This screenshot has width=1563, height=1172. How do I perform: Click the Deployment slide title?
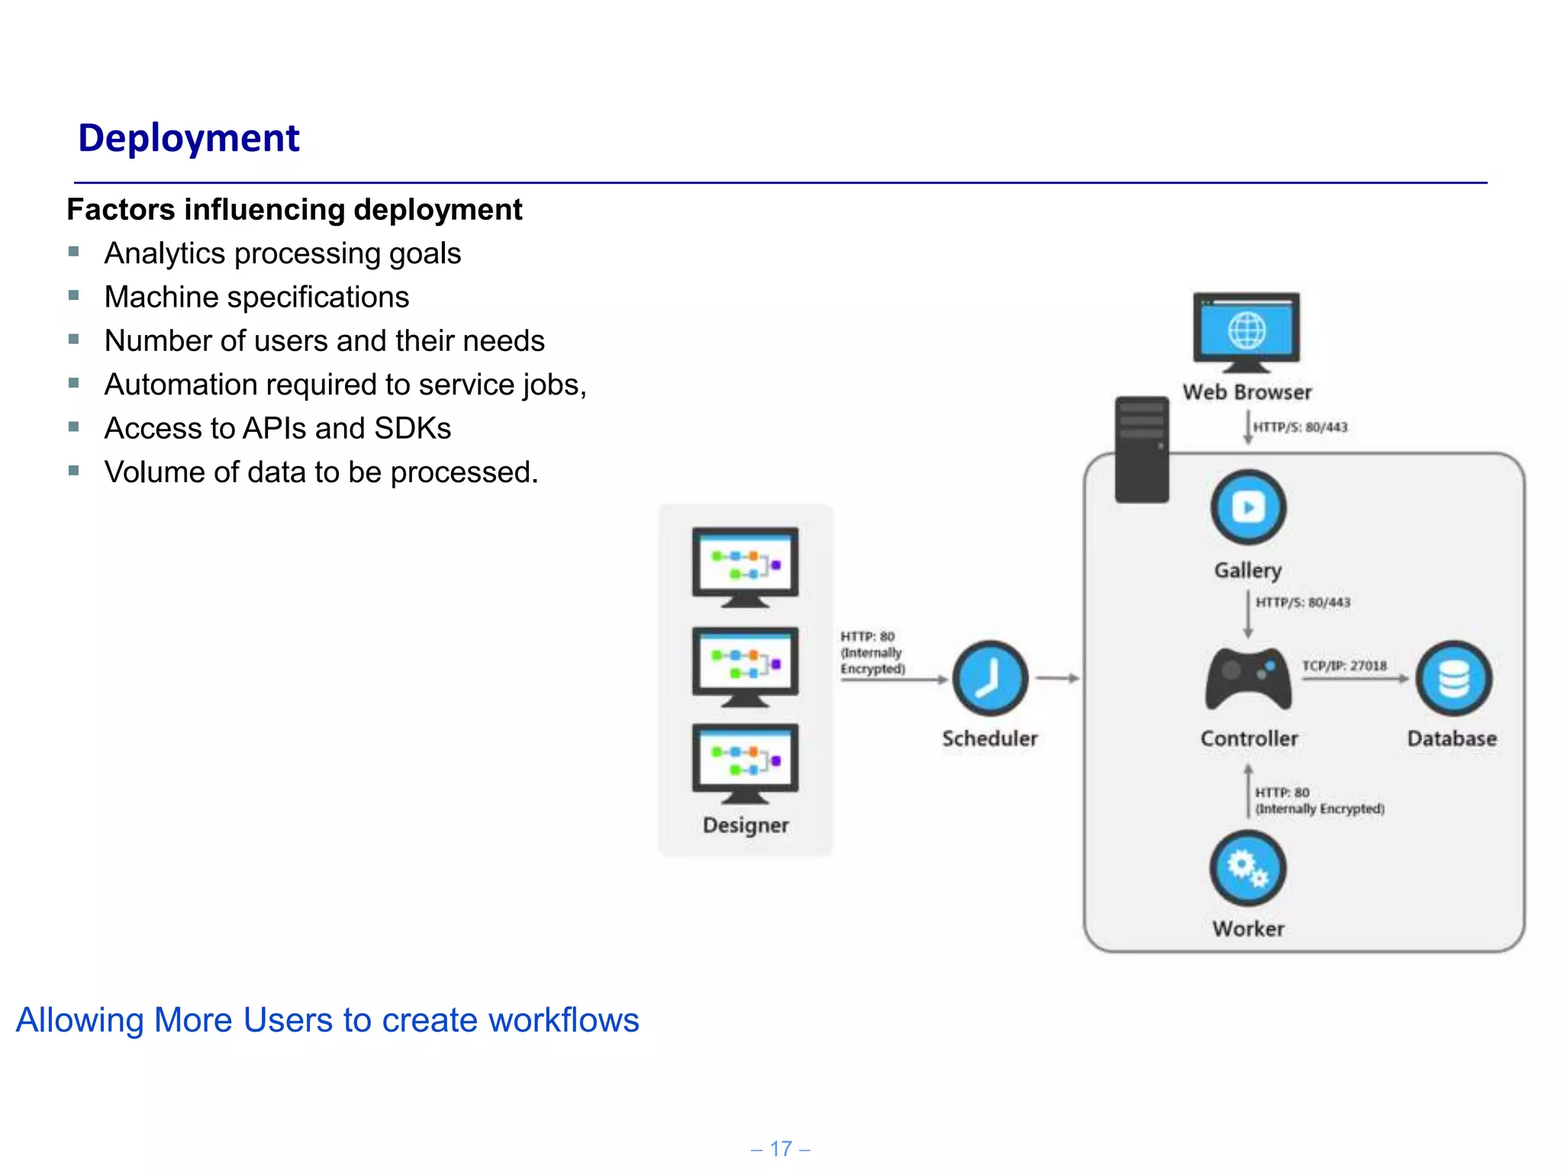[189, 138]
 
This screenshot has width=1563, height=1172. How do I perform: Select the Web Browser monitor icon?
[1246, 331]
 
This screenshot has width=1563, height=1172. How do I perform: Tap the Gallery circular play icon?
[1248, 507]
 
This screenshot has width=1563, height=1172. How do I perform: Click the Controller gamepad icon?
[1248, 678]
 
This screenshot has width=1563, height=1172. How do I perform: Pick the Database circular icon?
[1453, 678]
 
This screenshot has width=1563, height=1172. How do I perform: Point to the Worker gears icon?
[1248, 868]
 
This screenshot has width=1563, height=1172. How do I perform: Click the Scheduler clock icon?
[989, 678]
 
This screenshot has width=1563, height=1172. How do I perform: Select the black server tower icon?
[1141, 449]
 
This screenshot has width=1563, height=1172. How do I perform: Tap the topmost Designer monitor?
[745, 565]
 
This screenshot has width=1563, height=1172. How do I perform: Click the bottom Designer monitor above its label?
[745, 761]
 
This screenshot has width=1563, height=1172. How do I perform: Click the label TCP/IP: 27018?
[1344, 665]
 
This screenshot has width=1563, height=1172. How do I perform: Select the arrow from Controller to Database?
[1354, 679]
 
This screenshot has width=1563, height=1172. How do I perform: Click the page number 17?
[781, 1148]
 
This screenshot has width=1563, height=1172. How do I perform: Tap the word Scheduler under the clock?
[989, 738]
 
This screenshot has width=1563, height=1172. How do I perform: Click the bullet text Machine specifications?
[256, 297]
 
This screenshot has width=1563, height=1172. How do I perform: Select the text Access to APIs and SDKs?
[277, 428]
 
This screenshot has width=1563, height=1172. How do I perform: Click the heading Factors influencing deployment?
[294, 209]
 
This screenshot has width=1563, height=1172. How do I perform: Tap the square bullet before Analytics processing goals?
[74, 252]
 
